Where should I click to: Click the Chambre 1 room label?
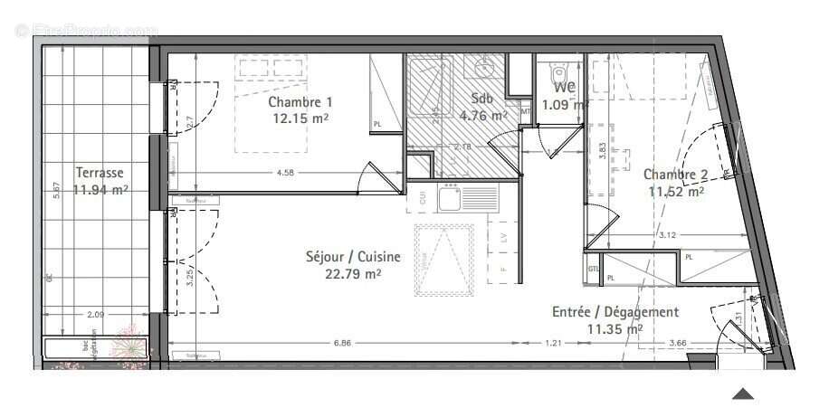300,102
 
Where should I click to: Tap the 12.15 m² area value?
300,118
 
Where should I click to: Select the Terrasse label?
99,173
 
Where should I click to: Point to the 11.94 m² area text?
100,189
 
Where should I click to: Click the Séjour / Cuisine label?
352,257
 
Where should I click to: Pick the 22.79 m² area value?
353,273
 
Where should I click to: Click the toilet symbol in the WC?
557,72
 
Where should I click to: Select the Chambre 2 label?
675,175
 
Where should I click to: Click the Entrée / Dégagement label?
615,312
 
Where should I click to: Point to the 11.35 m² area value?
615,329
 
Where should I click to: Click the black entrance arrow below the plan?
743,393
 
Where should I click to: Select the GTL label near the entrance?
594,269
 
